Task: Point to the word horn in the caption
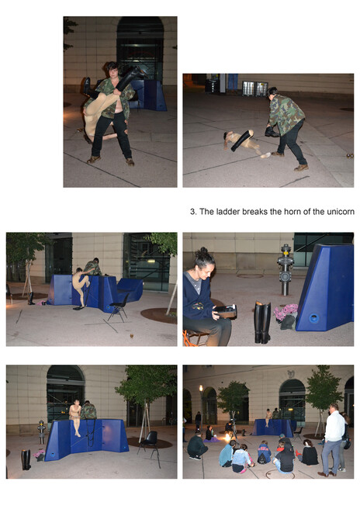click(x=292, y=212)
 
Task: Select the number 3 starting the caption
click(x=193, y=212)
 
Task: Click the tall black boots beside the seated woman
click(x=262, y=322)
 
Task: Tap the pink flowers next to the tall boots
click(x=286, y=312)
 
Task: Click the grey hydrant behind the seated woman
click(x=285, y=270)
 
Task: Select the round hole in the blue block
click(x=313, y=318)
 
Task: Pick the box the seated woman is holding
click(x=226, y=311)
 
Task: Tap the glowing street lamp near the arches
click(x=201, y=388)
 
